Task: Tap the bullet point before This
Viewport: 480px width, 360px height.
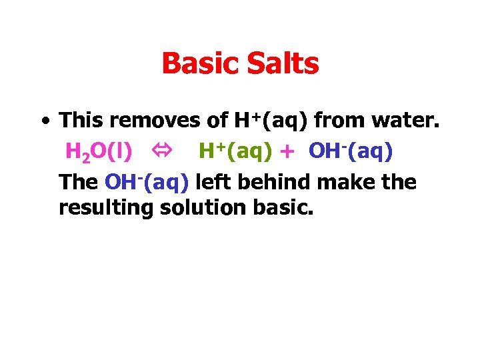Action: pos(44,122)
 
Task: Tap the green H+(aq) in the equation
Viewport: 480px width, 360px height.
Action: pos(235,151)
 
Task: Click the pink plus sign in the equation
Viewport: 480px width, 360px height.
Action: pos(287,153)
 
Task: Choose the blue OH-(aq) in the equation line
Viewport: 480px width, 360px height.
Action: pos(351,151)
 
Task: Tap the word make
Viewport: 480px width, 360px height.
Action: pos(349,182)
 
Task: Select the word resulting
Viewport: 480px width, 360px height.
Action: pos(106,208)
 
